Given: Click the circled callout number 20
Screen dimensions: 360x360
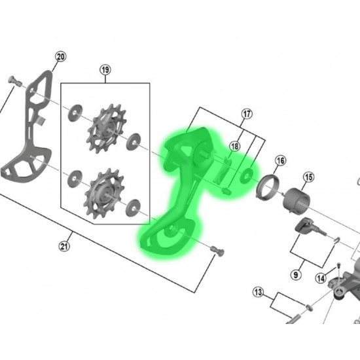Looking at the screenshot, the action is pyautogui.click(x=61, y=57).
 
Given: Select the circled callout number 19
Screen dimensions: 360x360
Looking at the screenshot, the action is pyautogui.click(x=105, y=69).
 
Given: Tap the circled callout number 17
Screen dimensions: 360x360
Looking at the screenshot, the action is pyautogui.click(x=247, y=114).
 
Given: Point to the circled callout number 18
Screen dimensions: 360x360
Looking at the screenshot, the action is pyautogui.click(x=234, y=146).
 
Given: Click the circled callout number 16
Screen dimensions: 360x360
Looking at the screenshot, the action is pyautogui.click(x=281, y=161).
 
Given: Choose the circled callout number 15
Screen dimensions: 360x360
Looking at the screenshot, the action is pyautogui.click(x=308, y=177).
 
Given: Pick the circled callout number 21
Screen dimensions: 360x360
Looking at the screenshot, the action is pyautogui.click(x=64, y=246).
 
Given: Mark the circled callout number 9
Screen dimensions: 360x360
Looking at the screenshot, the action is pyautogui.click(x=296, y=275).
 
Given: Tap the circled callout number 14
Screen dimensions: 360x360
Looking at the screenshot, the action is pyautogui.click(x=321, y=278).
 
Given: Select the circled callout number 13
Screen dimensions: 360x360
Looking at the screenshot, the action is pyautogui.click(x=258, y=293).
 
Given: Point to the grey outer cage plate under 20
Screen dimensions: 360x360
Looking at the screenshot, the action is pyautogui.click(x=27, y=128).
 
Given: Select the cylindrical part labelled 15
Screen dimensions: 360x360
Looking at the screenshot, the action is pyautogui.click(x=296, y=201).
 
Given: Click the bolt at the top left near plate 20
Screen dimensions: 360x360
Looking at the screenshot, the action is pyautogui.click(x=14, y=81).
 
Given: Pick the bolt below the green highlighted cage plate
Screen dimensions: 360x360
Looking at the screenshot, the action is pyautogui.click(x=217, y=251).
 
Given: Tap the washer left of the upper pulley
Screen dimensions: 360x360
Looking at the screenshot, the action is pyautogui.click(x=75, y=113).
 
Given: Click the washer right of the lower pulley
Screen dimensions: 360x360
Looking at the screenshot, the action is pyautogui.click(x=133, y=208).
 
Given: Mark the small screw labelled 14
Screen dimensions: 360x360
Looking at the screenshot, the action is pyautogui.click(x=338, y=265).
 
